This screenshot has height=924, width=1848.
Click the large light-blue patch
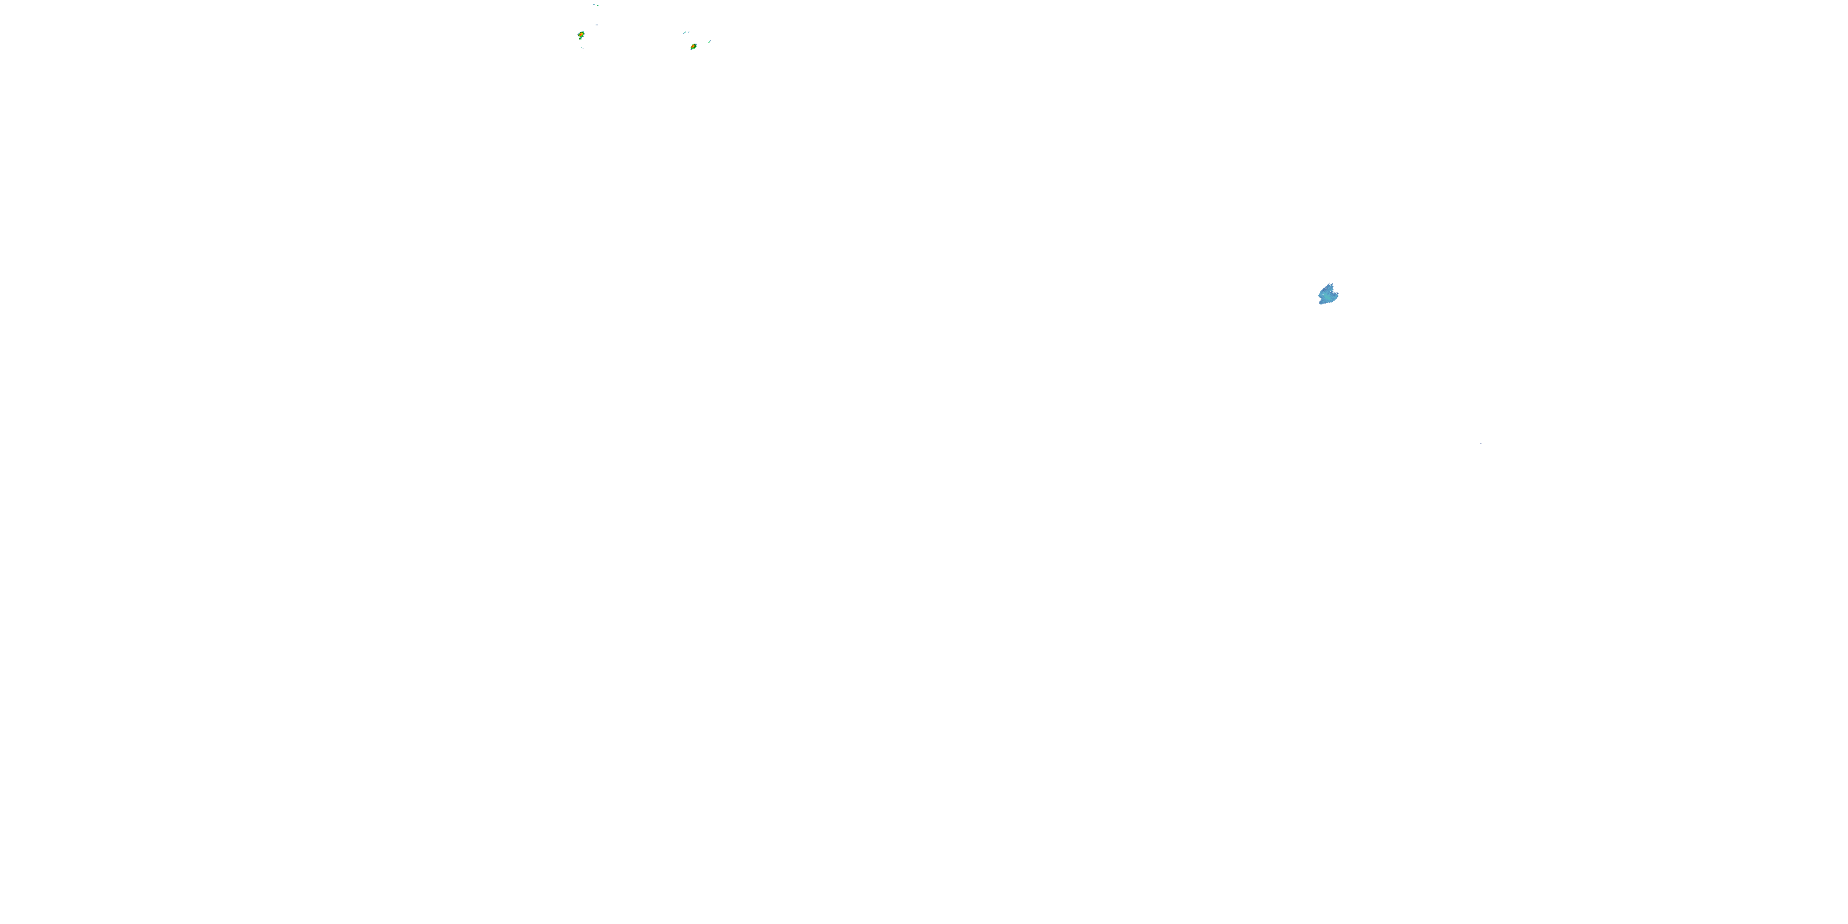tap(1327, 295)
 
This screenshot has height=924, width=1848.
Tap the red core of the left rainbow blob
tap(580, 34)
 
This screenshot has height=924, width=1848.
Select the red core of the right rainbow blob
tap(693, 47)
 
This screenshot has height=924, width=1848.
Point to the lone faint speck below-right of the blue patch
tap(1481, 444)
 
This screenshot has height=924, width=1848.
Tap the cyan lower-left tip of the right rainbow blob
tap(691, 49)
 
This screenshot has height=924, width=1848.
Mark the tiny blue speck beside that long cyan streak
tap(689, 32)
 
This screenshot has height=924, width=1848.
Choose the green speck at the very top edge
tap(598, 6)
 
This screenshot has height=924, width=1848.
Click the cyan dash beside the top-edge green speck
tap(594, 5)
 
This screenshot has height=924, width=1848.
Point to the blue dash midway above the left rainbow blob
tap(596, 25)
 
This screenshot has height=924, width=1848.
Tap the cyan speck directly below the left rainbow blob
tap(582, 48)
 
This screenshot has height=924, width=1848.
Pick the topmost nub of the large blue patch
tap(1330, 284)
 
